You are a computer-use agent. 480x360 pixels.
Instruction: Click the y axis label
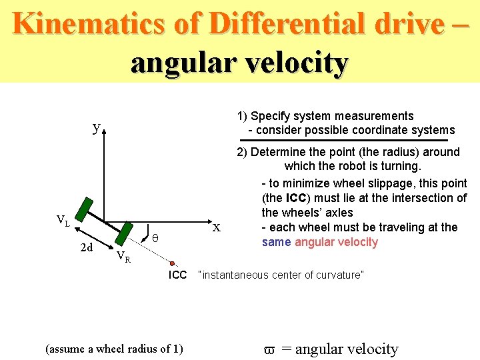97,127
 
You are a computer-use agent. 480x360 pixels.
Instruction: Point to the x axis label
216,227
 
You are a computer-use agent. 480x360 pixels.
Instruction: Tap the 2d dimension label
86,248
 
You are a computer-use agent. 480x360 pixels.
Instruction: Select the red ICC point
172,263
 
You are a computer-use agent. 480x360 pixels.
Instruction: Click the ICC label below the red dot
178,275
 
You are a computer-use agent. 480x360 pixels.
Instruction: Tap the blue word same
276,242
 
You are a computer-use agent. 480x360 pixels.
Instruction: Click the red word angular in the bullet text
315,242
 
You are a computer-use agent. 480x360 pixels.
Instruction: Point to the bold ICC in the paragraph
297,198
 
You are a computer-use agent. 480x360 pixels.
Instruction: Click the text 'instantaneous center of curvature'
281,275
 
